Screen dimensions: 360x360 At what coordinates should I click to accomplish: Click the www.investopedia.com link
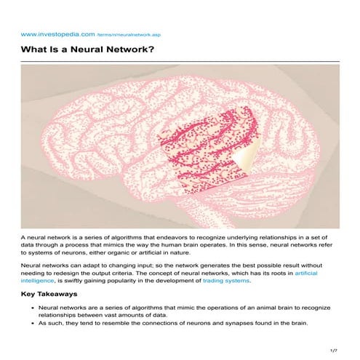pyautogui.click(x=47, y=33)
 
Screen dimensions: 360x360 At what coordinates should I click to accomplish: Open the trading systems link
pyautogui.click(x=228, y=281)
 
